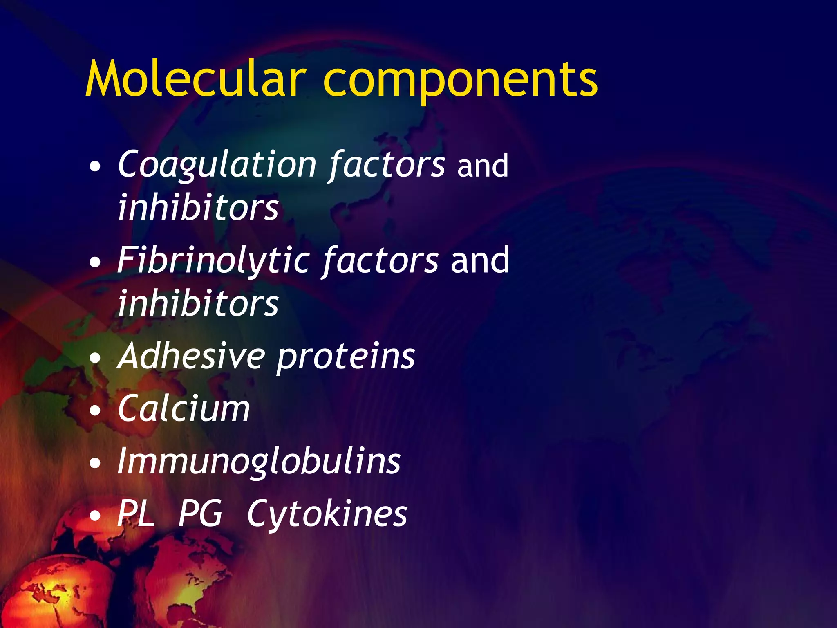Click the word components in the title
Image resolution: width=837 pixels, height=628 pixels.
pos(461,82)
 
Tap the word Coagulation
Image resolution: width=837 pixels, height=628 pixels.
pos(217,165)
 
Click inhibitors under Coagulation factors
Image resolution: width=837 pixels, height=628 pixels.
pos(198,207)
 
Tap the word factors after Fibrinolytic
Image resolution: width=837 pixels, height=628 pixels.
pos(380,260)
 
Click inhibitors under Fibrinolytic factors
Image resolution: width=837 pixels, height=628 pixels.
pos(198,303)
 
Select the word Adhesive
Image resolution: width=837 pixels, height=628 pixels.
pos(191,356)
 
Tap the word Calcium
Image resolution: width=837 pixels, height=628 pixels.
pos(184,408)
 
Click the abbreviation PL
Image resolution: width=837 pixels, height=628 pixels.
pos(136,514)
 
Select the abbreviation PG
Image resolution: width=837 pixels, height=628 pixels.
pos(200,514)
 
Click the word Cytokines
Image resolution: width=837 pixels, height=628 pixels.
pos(327,514)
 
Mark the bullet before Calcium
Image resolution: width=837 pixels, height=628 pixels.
pos(95,410)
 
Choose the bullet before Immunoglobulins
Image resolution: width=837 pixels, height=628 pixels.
pos(95,463)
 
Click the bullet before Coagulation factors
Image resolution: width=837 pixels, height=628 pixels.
pos(95,167)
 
